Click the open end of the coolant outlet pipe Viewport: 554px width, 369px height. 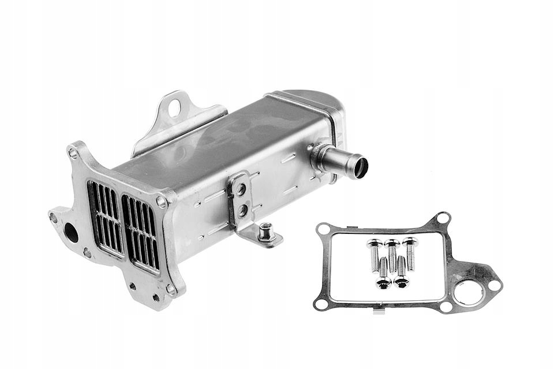[x=361, y=167]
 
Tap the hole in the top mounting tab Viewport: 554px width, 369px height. [x=174, y=107]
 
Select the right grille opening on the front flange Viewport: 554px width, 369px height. [x=140, y=233]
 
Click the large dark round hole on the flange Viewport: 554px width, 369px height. [x=71, y=232]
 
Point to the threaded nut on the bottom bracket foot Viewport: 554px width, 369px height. [x=265, y=232]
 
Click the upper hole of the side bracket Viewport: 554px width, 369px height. [x=241, y=189]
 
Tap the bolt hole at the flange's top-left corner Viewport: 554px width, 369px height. [x=73, y=153]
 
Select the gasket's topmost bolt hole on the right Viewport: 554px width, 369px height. [x=442, y=218]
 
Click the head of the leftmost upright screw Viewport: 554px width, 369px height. [x=373, y=244]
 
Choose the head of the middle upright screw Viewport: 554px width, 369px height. [x=391, y=243]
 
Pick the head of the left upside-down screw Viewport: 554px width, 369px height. [x=383, y=282]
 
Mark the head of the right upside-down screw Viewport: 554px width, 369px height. [x=401, y=281]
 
